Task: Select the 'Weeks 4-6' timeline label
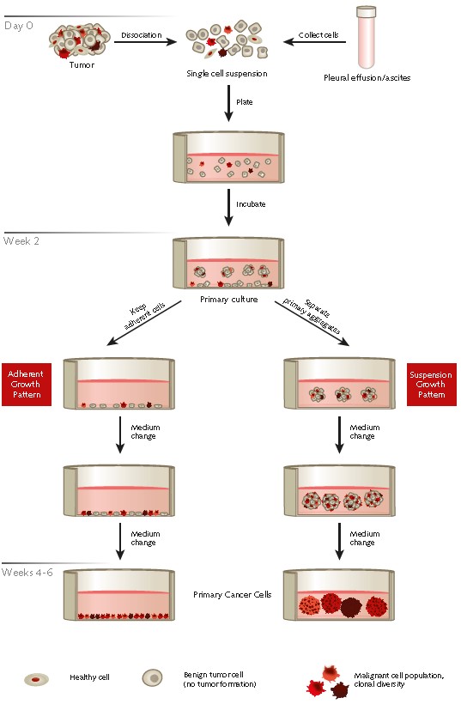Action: pyautogui.click(x=27, y=571)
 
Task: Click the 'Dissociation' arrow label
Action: pyautogui.click(x=140, y=35)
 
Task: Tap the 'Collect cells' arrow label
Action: pyautogui.click(x=317, y=35)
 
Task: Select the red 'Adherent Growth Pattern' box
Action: pyautogui.click(x=27, y=384)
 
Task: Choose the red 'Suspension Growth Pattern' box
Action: pyautogui.click(x=432, y=384)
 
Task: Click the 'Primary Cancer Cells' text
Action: pyautogui.click(x=227, y=594)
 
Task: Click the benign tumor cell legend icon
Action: pyautogui.click(x=153, y=678)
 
